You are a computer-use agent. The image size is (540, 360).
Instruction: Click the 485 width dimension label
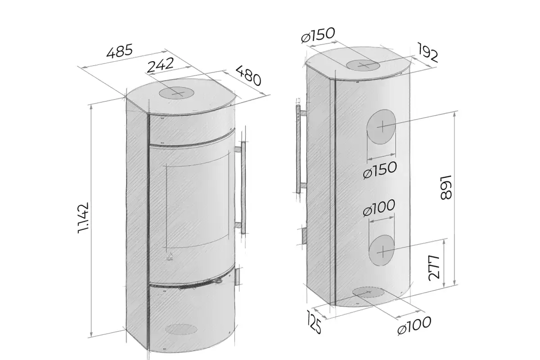120,51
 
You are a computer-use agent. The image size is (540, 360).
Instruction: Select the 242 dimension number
160,65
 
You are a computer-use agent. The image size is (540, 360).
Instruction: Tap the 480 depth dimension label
248,76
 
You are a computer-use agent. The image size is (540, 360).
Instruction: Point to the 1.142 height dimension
83,218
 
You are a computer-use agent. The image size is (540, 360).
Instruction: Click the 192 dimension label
427,53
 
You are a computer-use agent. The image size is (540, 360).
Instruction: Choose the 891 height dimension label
446,187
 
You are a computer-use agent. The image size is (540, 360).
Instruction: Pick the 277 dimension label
434,268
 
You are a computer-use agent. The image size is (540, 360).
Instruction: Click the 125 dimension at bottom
314,322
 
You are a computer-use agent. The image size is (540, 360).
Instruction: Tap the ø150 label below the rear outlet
380,170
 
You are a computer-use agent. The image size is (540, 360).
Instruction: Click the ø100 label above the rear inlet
379,208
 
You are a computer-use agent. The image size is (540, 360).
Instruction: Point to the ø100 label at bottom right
414,326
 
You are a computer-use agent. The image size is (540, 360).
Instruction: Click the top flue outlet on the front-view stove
177,93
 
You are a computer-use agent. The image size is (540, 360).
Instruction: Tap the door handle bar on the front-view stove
243,188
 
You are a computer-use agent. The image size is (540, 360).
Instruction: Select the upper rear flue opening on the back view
381,127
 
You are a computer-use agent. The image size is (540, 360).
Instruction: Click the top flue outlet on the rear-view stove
363,65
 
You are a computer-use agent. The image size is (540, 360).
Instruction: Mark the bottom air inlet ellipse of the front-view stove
181,329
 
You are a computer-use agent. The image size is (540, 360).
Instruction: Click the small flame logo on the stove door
170,257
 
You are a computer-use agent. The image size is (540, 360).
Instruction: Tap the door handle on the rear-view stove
299,149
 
